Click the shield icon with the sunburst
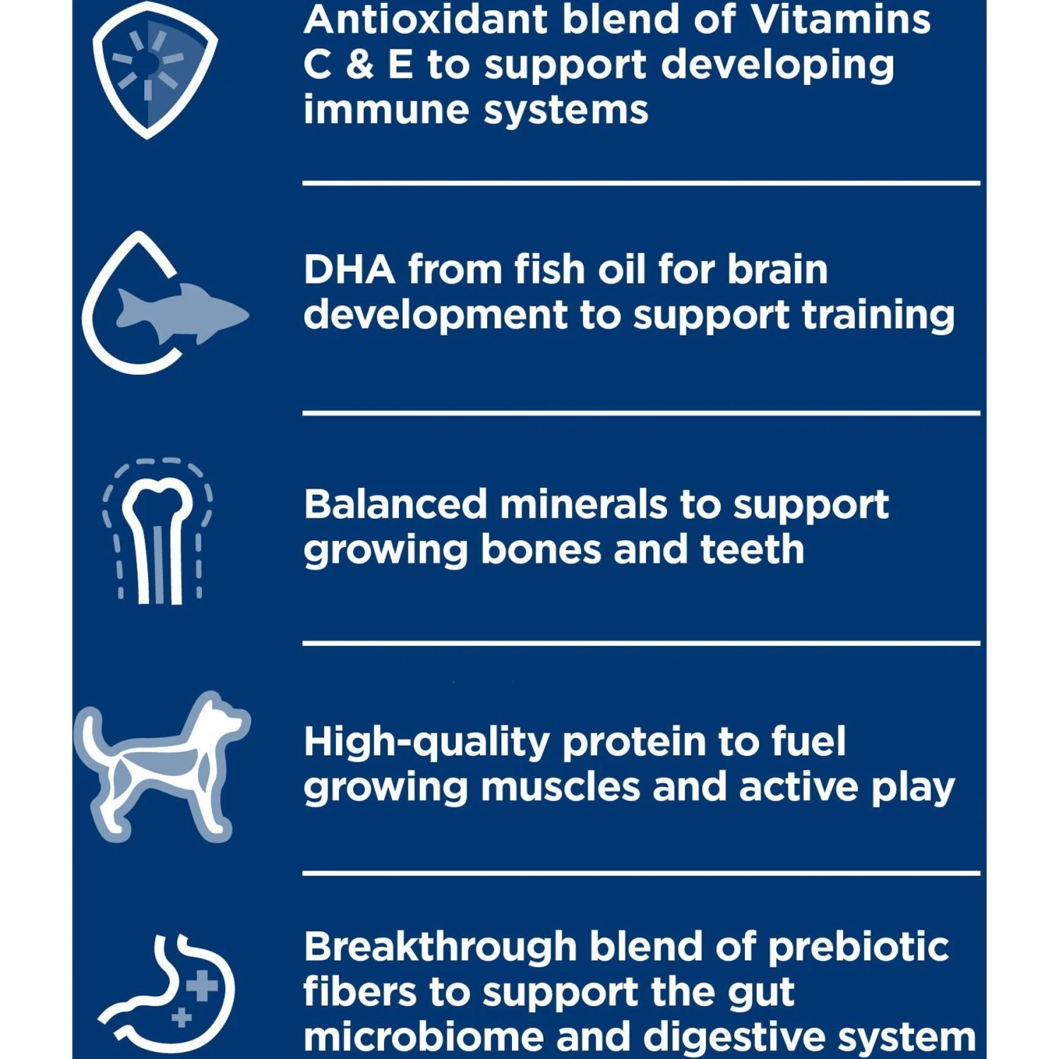[155, 69]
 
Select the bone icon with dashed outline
[158, 532]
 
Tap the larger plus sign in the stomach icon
[203, 986]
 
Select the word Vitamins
[841, 19]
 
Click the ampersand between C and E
[360, 64]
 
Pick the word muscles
[560, 786]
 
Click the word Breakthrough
[441, 947]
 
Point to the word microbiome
[424, 1037]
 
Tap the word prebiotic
[858, 948]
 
